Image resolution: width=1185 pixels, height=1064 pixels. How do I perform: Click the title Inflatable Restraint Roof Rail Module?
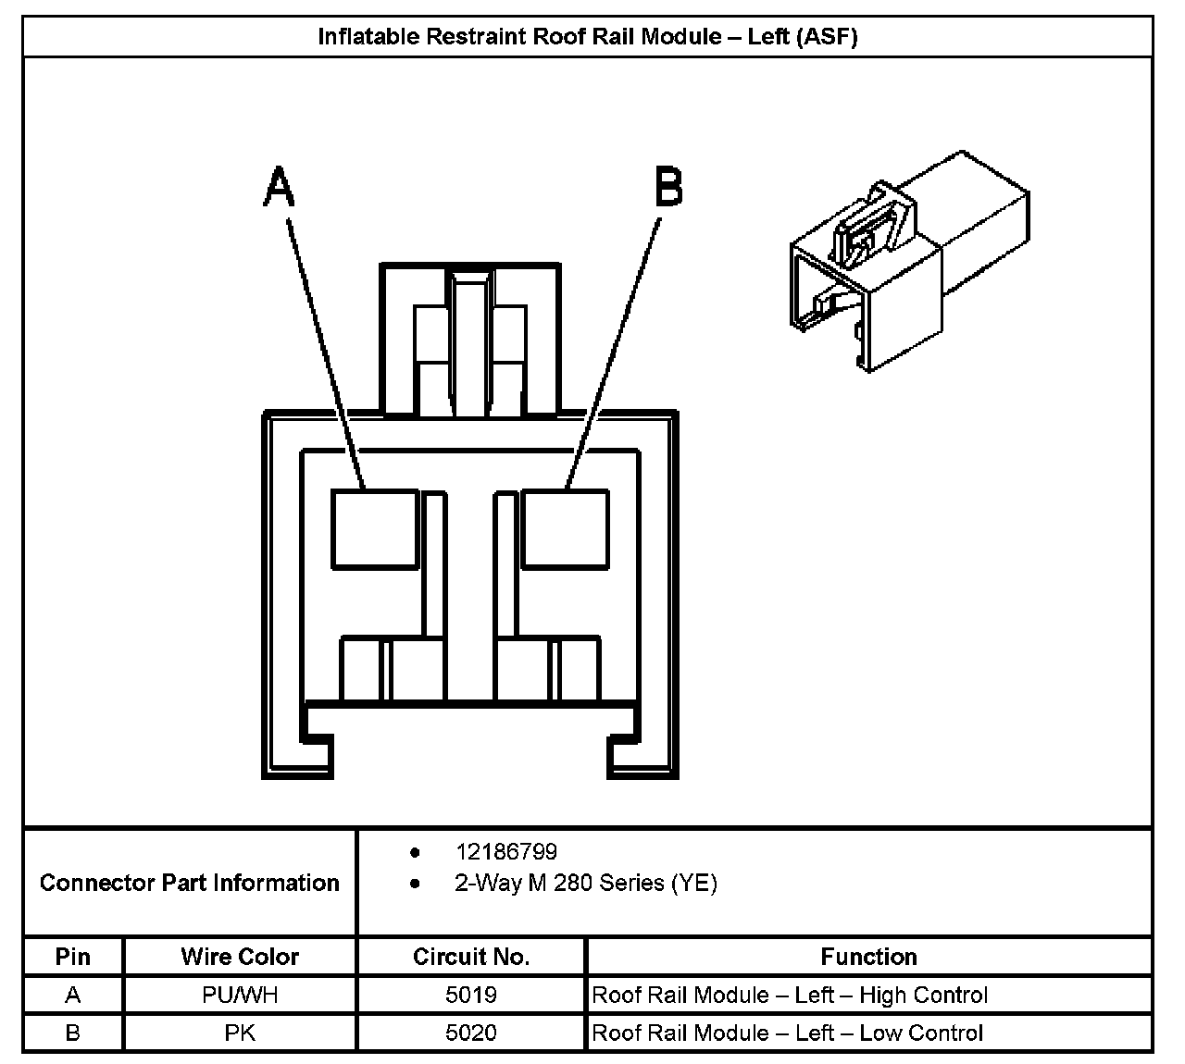(588, 37)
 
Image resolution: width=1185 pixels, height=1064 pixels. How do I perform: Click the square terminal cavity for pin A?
(374, 528)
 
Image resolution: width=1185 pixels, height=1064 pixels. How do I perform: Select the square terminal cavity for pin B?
(565, 528)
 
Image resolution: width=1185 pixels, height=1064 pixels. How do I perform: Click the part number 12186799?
(505, 851)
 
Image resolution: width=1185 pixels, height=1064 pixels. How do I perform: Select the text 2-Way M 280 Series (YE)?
(585, 883)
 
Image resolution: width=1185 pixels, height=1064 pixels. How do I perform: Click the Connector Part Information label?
(190, 883)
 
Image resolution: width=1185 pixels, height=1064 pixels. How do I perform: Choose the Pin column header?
(73, 957)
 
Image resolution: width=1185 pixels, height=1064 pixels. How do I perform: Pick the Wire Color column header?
(240, 957)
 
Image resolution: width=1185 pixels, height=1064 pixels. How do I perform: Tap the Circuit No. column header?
(471, 957)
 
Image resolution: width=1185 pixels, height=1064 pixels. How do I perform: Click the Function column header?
(868, 957)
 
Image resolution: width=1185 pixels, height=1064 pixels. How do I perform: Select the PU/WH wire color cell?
(240, 996)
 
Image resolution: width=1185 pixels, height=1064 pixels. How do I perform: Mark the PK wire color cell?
(240, 1033)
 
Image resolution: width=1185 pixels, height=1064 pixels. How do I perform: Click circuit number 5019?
(471, 996)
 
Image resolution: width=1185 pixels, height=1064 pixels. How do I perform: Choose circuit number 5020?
(471, 1033)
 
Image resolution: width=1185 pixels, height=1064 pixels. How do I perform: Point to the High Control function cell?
(790, 996)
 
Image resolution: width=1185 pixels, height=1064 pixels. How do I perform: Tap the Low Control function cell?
(787, 1033)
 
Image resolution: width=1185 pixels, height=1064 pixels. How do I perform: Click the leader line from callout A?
(326, 352)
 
